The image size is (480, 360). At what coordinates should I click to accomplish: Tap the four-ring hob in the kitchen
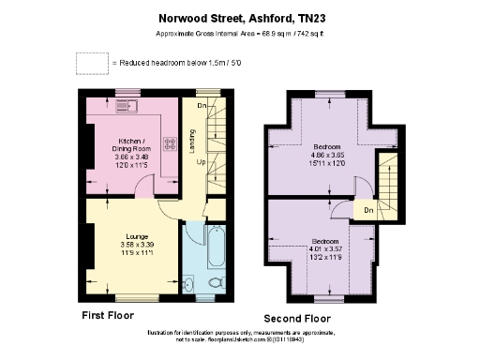pos(172,144)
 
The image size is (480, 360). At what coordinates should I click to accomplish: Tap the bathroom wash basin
pos(187,284)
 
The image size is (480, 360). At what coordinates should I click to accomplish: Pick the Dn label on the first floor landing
pos(201,106)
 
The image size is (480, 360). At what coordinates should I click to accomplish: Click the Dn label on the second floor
pos(368,211)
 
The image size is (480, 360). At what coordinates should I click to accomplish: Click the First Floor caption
pos(107,315)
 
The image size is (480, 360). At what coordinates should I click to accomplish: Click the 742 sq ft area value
pos(319,32)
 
